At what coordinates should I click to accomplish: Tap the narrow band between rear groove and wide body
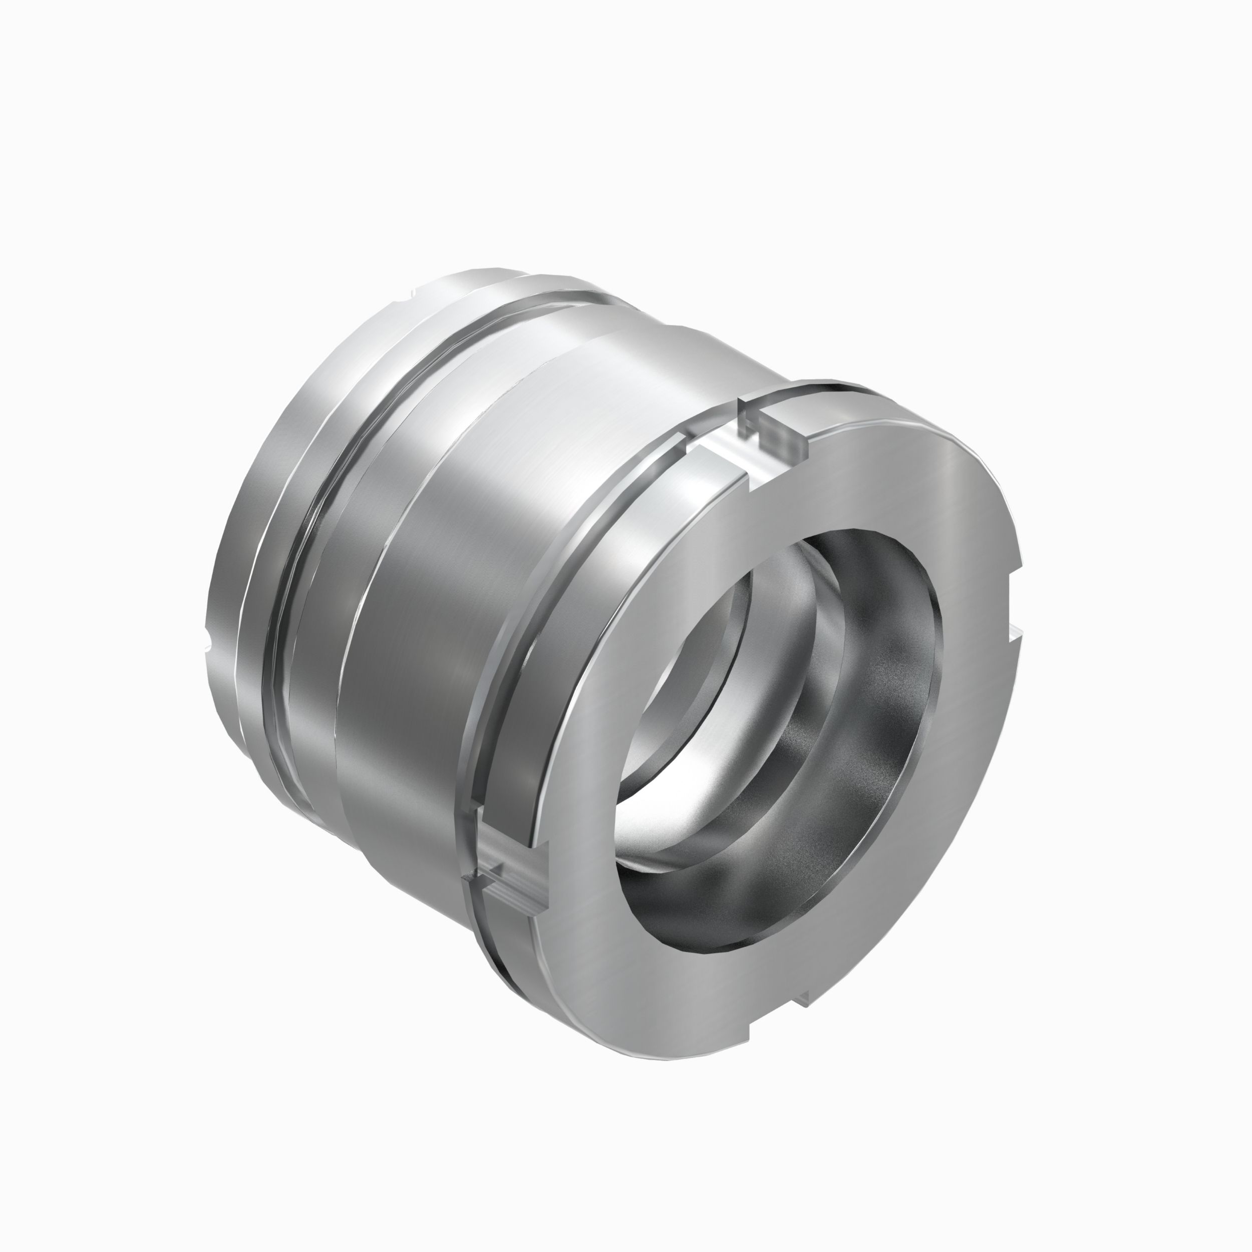point(331,583)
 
